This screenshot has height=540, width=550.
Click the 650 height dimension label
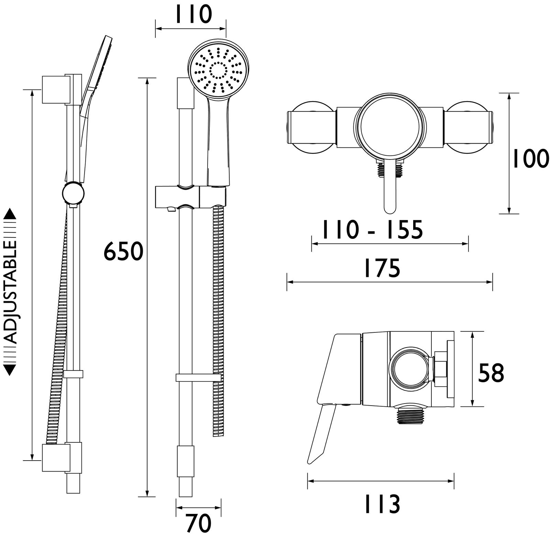tap(123, 251)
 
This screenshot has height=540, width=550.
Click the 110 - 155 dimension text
tap(372, 230)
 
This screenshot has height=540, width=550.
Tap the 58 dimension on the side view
tap(491, 373)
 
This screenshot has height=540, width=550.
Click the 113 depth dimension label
tap(382, 504)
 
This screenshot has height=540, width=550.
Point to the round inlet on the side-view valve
tap(410, 371)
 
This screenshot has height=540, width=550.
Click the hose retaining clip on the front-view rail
tap(198, 378)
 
